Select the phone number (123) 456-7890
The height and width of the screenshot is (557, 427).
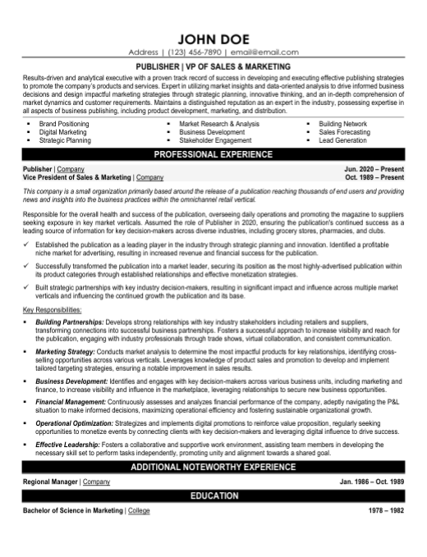click(196, 51)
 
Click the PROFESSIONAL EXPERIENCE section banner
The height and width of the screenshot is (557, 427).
click(213, 153)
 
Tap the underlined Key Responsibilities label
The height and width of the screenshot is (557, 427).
click(52, 310)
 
